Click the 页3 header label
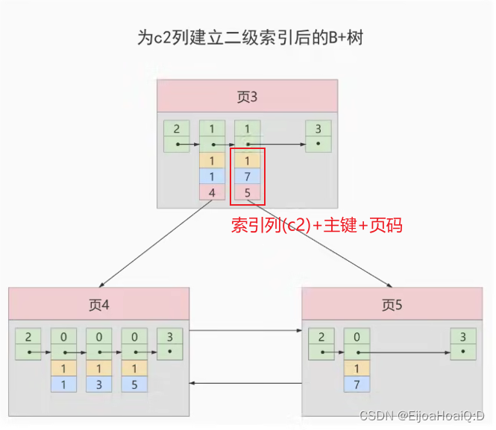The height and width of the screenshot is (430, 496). (x=247, y=97)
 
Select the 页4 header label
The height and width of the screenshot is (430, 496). (x=99, y=304)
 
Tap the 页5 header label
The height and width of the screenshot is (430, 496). (x=392, y=304)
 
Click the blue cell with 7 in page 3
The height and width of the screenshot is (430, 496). (x=247, y=176)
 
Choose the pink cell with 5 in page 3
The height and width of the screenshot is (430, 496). (x=247, y=192)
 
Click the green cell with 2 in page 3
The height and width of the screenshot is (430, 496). (x=176, y=129)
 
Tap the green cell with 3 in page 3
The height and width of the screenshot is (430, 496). (x=318, y=129)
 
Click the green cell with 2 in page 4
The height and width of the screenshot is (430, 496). (x=28, y=336)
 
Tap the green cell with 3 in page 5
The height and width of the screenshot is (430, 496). (x=463, y=336)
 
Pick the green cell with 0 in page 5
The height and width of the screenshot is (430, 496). (x=357, y=336)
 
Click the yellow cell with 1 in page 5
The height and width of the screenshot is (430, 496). (x=357, y=368)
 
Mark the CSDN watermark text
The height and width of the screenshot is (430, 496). (x=422, y=415)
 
